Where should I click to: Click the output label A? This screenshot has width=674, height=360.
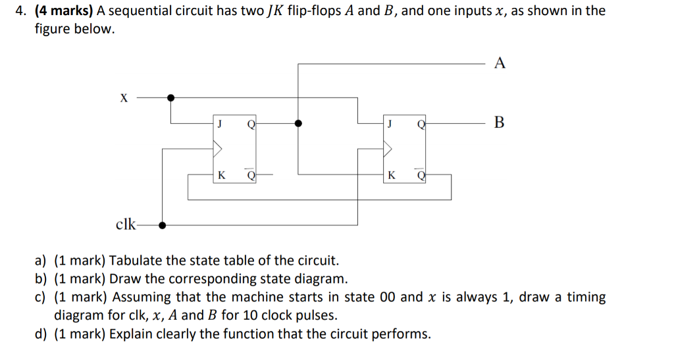(x=500, y=64)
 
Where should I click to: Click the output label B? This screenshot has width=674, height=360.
(x=500, y=122)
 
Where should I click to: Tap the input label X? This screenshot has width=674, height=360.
(x=123, y=98)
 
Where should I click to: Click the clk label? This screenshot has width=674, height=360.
(x=126, y=224)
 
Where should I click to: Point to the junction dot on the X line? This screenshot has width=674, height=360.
(x=171, y=97)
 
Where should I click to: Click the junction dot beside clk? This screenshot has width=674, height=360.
(x=162, y=224)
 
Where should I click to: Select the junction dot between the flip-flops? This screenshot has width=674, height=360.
(x=298, y=122)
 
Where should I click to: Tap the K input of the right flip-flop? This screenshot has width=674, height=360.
(x=392, y=175)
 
